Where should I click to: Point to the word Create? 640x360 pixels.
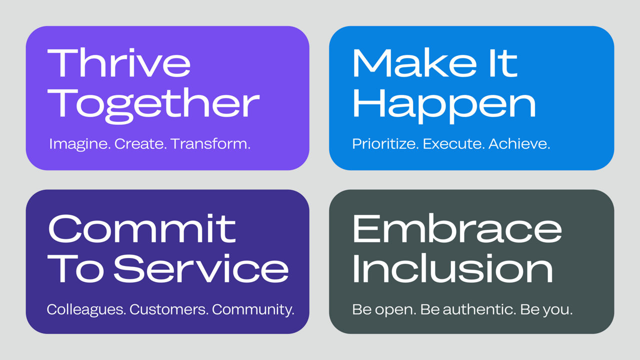pyautogui.click(x=139, y=144)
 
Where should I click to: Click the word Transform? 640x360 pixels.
pyautogui.click(x=210, y=144)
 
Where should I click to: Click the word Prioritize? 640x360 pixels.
pyautogui.click(x=385, y=144)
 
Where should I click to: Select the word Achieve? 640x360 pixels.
pyautogui.click(x=519, y=144)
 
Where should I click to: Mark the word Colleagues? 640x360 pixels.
pyautogui.click(x=85, y=309)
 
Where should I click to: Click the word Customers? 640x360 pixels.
pyautogui.click(x=168, y=309)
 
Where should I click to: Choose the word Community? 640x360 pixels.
pyautogui.click(x=253, y=309)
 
